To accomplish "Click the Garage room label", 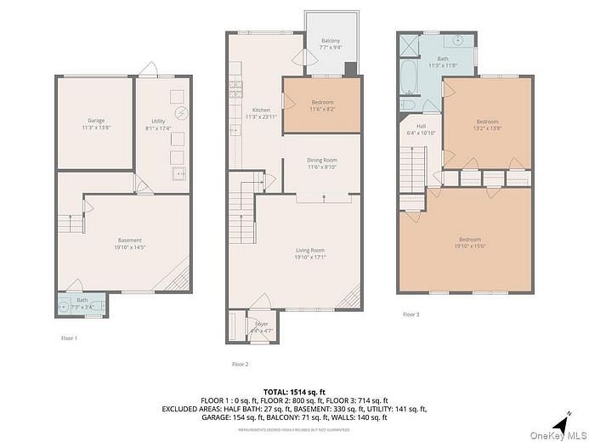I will tap(95, 124).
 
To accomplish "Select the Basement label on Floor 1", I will tap(129, 244).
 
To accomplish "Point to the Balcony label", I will tap(331, 44).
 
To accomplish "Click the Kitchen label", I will tap(261, 114).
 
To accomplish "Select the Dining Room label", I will tap(322, 163).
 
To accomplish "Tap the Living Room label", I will tap(310, 253).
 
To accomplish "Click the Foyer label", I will tap(261, 325).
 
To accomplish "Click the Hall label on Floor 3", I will tap(420, 128).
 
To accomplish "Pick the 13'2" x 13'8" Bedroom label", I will tap(487, 124).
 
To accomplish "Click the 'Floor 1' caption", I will tap(69, 338).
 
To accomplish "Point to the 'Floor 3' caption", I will tap(411, 314).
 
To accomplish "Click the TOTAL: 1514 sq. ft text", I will tap(293, 390).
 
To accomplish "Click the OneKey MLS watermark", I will tap(558, 436).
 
